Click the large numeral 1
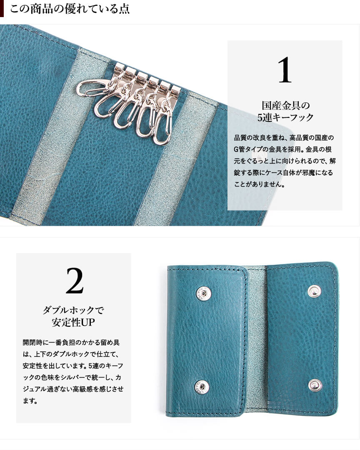click(285, 70)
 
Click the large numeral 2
click(75, 281)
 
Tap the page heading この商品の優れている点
click(70, 8)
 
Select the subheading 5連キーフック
click(285, 117)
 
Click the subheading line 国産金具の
click(285, 105)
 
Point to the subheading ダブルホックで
click(74, 310)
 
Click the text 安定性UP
click(74, 322)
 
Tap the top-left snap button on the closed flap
click(204, 293)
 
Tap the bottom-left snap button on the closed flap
click(202, 386)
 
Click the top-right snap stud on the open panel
click(314, 291)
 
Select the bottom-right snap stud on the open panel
click(315, 384)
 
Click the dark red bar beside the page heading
click(2, 8)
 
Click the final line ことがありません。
click(259, 184)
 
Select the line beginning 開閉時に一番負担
click(71, 342)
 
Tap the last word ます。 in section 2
click(30, 401)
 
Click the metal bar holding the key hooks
click(148, 77)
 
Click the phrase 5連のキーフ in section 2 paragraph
click(106, 366)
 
